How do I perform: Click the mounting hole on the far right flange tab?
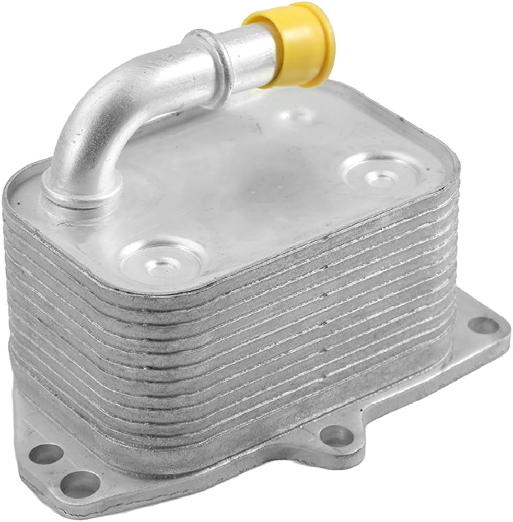coord(483,325)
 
